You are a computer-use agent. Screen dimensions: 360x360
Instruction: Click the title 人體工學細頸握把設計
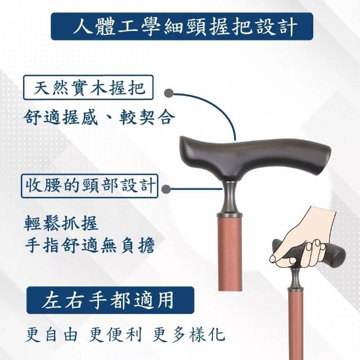(185, 27)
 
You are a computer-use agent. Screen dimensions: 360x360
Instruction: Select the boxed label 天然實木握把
(88, 88)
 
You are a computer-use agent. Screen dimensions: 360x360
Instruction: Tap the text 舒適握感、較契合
(99, 118)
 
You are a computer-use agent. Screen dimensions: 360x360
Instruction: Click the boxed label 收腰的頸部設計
(89, 186)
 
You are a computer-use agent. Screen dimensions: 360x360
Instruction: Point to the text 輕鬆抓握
(61, 223)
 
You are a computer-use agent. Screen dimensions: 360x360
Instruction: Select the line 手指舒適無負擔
(89, 245)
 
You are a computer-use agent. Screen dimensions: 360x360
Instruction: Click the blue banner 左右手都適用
(110, 300)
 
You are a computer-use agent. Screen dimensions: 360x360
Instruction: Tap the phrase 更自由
(52, 335)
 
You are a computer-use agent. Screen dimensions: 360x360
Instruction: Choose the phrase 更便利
(115, 335)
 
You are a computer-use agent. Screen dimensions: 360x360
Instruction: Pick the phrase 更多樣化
(188, 335)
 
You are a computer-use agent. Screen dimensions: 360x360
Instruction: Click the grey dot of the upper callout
(169, 93)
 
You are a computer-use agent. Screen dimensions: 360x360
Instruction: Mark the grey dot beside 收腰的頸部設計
(166, 189)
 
